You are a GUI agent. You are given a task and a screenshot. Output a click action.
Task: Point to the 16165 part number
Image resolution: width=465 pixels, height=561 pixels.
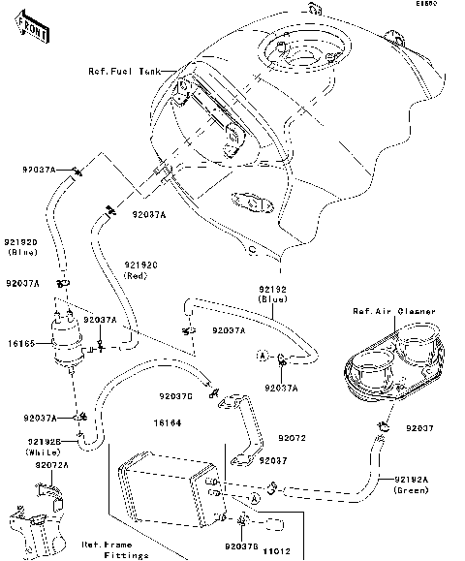coord(20,343)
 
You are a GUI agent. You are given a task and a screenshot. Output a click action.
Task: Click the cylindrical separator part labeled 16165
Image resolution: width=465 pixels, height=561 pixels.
coord(65,344)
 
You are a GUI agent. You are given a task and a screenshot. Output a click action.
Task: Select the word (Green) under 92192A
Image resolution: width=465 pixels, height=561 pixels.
coord(412,489)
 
